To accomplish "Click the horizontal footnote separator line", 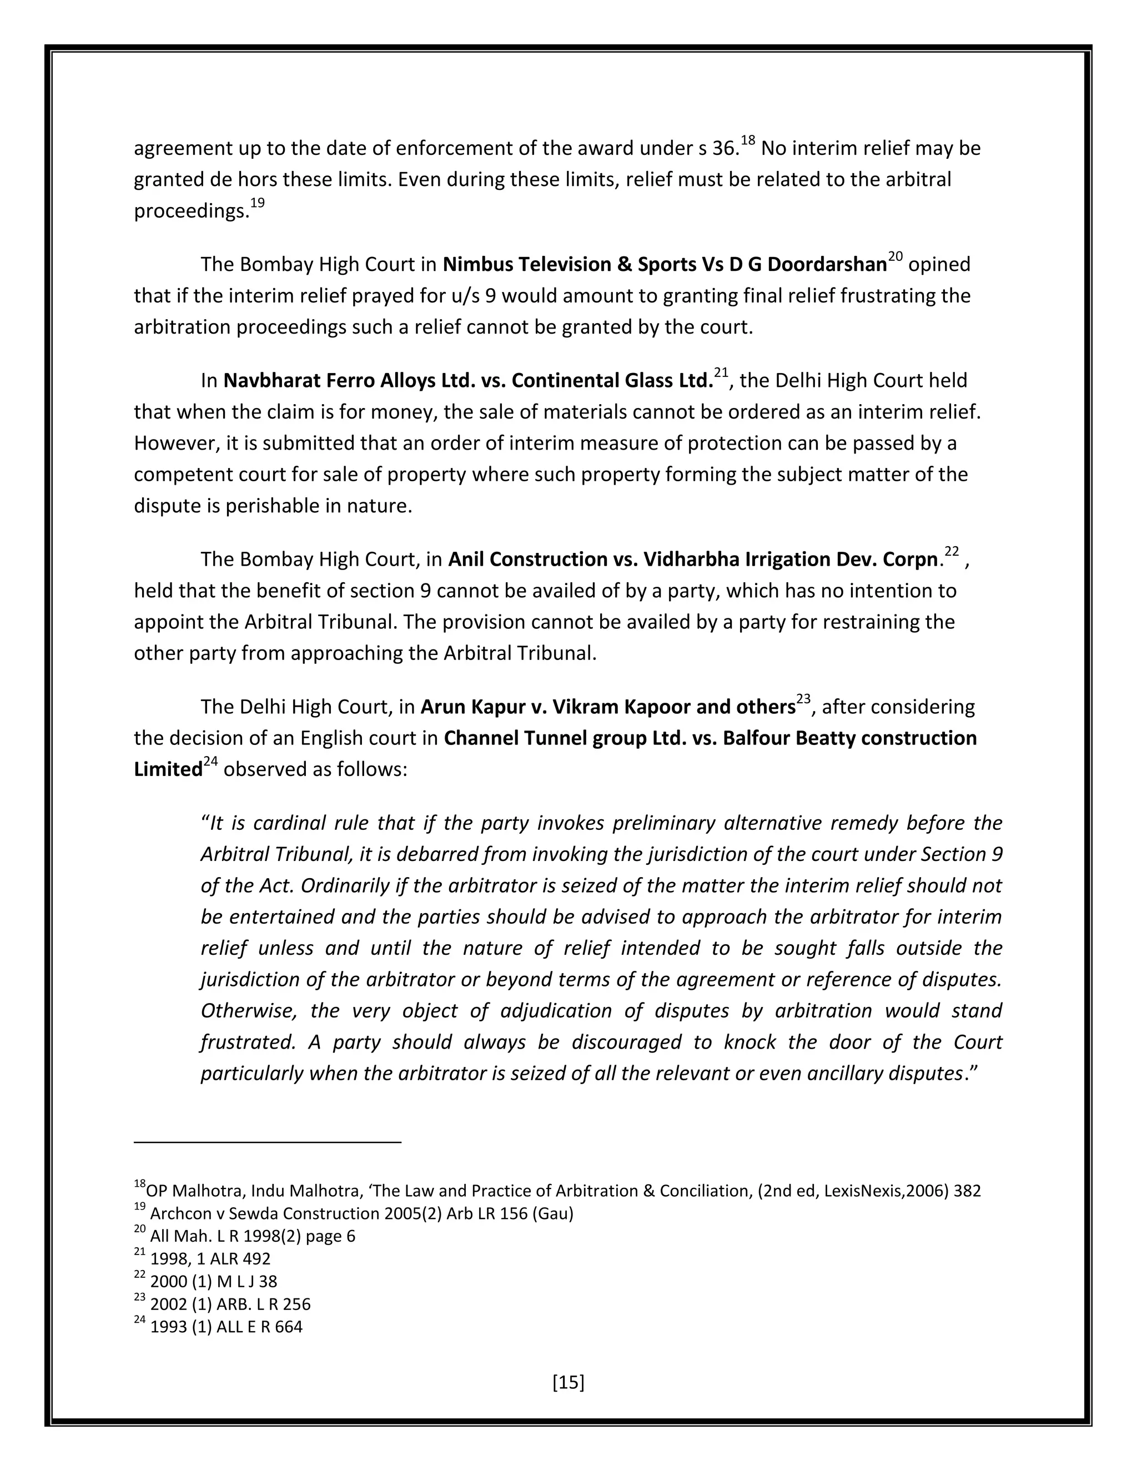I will [268, 1142].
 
